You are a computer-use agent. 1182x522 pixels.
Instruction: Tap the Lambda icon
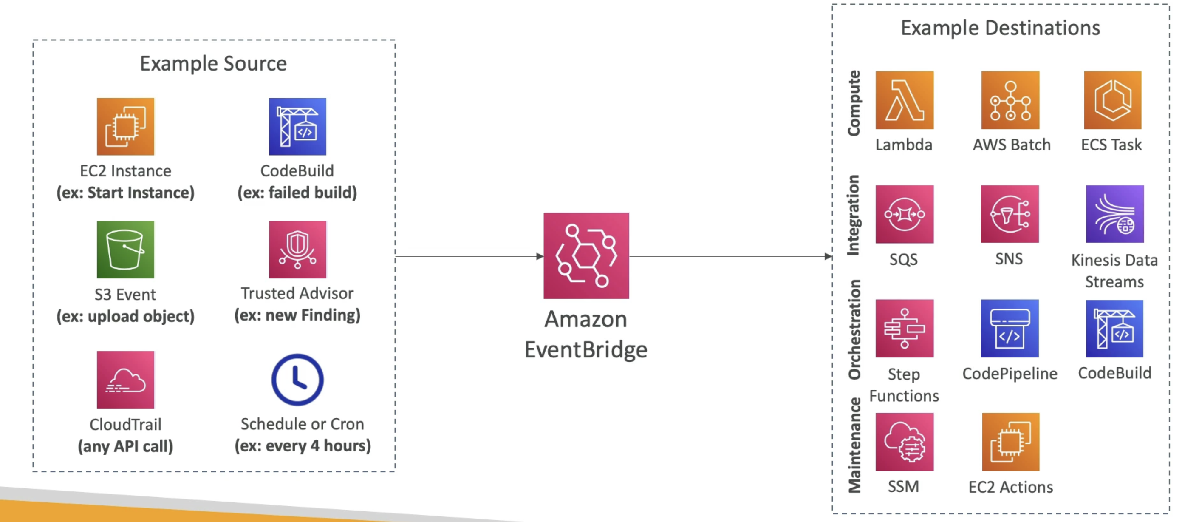[x=904, y=100]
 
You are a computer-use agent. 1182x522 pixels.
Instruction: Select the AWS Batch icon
[x=1010, y=100]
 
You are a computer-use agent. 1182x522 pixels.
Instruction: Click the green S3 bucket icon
[x=125, y=249]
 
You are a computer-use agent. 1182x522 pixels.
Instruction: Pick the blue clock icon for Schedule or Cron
[x=297, y=379]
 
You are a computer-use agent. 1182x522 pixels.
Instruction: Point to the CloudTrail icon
[x=125, y=379]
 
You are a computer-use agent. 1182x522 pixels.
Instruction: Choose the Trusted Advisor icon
[x=297, y=249]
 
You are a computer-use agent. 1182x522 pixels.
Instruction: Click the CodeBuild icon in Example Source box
[x=297, y=126]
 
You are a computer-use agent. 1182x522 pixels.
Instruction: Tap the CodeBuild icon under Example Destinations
[x=1114, y=328]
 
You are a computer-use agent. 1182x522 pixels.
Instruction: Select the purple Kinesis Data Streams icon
[x=1114, y=214]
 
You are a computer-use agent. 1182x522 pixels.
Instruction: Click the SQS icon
[x=904, y=214]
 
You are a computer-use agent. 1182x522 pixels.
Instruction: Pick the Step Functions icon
[x=904, y=328]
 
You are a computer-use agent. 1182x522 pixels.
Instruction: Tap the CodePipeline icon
[x=1010, y=328]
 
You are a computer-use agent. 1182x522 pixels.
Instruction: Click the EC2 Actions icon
[x=1010, y=442]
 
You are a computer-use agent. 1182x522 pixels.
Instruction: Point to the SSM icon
[x=904, y=442]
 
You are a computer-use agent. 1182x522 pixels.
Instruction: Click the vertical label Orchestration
[x=854, y=329]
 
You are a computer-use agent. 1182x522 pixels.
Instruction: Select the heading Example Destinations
[x=1000, y=28]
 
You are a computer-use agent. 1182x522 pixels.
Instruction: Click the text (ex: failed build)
[x=297, y=193]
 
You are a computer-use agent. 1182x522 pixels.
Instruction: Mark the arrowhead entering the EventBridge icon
[x=540, y=256]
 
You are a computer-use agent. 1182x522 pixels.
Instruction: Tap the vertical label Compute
[x=854, y=103]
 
